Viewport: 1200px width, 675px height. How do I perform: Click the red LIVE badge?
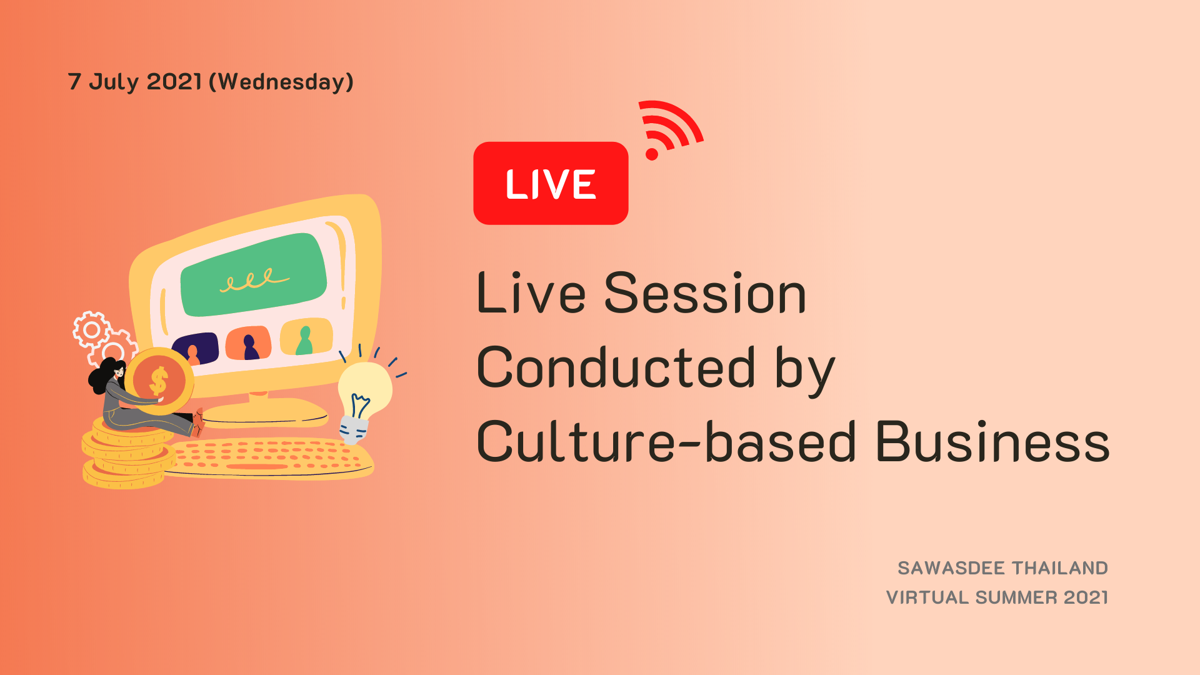tap(551, 183)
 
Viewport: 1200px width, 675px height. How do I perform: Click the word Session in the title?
tap(705, 293)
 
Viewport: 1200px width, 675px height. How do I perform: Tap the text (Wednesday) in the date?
tap(281, 82)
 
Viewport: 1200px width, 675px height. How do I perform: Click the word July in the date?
tap(114, 82)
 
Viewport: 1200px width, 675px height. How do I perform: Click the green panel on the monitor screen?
tap(253, 276)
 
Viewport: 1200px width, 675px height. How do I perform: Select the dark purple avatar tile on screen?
tap(195, 349)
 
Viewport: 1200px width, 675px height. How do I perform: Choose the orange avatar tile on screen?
tap(248, 343)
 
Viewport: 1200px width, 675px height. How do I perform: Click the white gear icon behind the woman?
tap(92, 329)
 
